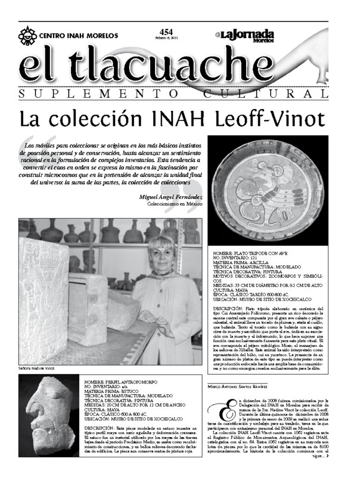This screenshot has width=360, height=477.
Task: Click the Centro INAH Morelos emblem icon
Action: (x=27, y=36)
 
